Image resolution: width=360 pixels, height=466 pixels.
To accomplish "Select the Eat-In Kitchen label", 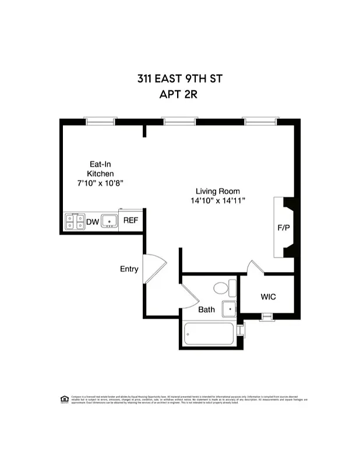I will [x=100, y=169].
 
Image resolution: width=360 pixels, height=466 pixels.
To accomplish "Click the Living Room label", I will [x=217, y=191].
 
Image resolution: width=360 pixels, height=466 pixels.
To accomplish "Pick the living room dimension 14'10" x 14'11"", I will [x=217, y=201].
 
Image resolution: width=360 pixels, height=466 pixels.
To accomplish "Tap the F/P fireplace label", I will [x=284, y=227].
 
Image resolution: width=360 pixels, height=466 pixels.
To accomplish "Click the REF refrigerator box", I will [x=130, y=221].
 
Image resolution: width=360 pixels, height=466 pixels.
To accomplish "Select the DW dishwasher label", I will [x=92, y=222].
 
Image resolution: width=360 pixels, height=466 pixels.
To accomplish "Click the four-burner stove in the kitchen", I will [x=74, y=222].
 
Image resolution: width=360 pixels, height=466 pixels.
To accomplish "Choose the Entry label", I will [x=129, y=269].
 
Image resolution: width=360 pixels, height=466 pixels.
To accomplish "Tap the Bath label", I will [x=206, y=309].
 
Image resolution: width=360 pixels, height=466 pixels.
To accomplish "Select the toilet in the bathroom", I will [x=223, y=288].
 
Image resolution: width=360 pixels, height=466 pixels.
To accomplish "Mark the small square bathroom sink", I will [x=230, y=309].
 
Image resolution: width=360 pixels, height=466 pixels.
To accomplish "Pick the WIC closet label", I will [x=268, y=297].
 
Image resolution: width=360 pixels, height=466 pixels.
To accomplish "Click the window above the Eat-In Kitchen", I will [x=101, y=122].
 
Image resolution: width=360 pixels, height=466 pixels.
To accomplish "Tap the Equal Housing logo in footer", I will [x=65, y=399].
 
